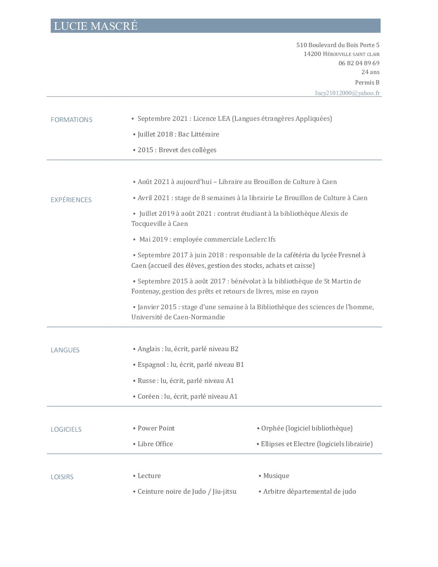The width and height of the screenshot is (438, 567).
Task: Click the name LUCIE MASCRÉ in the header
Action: tap(96, 26)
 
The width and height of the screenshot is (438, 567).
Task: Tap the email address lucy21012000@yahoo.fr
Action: tap(347, 93)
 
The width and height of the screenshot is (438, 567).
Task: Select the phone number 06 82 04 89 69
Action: tap(359, 63)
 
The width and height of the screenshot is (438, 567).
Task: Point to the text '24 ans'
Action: tap(370, 72)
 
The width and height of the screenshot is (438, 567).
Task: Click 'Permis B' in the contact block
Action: tap(367, 83)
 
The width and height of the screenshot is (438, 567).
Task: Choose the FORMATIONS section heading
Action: tap(71, 120)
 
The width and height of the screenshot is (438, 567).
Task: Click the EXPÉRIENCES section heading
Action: tap(71, 200)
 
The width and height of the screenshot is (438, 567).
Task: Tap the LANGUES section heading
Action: tap(65, 350)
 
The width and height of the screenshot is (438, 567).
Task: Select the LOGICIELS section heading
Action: tap(66, 429)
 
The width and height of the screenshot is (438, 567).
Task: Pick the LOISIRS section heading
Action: tap(62, 477)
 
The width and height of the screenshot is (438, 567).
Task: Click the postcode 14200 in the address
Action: tap(312, 54)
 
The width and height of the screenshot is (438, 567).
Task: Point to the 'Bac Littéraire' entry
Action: tap(198, 134)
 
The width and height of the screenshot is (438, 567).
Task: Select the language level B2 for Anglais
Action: tap(234, 349)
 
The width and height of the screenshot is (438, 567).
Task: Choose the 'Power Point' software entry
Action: tap(156, 428)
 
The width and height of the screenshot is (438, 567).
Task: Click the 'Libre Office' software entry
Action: tap(155, 444)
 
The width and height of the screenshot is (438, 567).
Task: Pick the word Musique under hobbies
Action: tap(276, 476)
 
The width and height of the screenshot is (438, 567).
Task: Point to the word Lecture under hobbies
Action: tap(149, 476)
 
